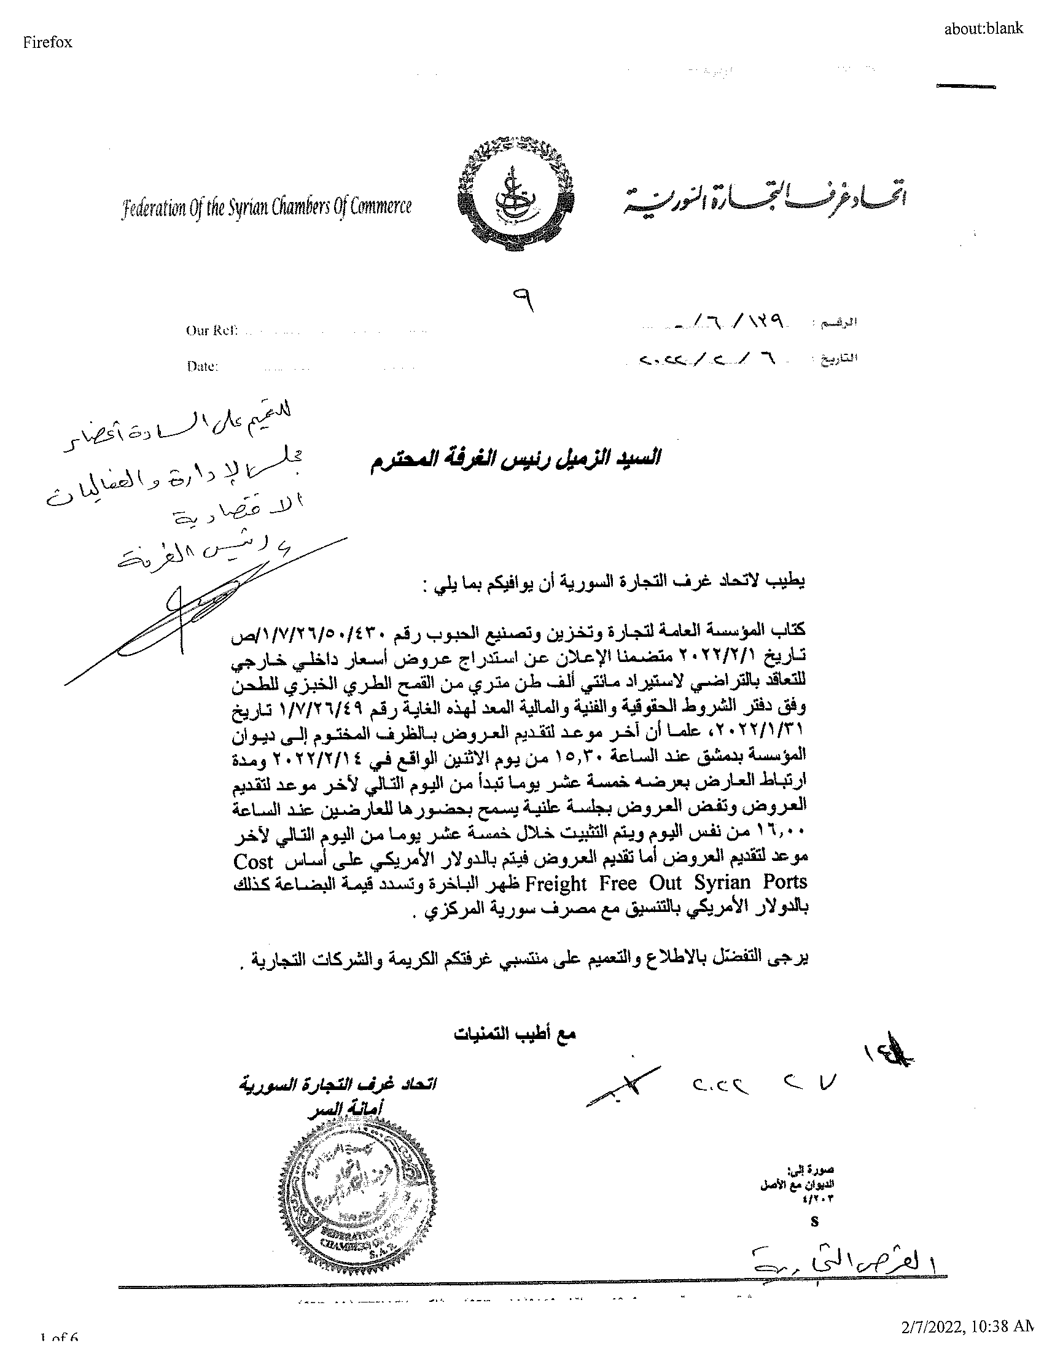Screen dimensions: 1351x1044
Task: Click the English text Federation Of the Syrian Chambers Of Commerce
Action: pyautogui.click(x=267, y=207)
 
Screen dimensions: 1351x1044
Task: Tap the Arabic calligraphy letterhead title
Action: pyautogui.click(x=763, y=200)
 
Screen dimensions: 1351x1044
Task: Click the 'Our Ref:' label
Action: pyautogui.click(x=211, y=330)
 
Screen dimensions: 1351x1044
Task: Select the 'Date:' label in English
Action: pyautogui.click(x=202, y=366)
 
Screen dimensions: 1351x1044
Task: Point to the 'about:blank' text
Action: pyautogui.click(x=983, y=28)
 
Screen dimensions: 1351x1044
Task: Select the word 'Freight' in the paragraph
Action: pyautogui.click(x=555, y=882)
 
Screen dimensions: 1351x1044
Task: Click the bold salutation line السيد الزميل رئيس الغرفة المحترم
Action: pyautogui.click(x=515, y=458)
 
